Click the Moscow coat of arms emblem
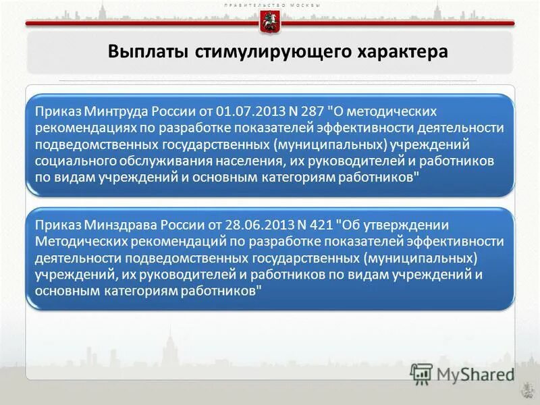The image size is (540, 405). click(269, 22)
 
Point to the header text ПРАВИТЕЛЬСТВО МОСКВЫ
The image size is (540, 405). click(270, 5)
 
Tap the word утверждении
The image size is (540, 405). click(402, 225)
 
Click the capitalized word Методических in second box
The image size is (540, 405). click(76, 242)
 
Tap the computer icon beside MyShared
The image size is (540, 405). click(421, 373)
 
